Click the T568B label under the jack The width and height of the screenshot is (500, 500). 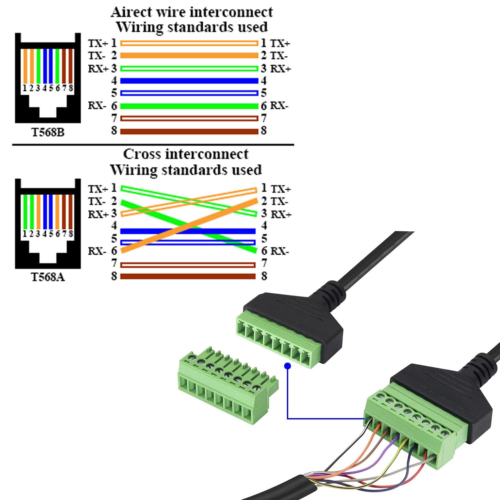point(48,132)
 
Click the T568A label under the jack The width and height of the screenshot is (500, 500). point(48,277)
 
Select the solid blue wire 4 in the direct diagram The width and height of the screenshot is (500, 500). point(189,81)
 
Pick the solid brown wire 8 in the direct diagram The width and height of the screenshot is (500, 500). point(189,131)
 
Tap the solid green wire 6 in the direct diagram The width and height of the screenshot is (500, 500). point(189,106)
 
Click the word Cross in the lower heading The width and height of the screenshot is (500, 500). point(141,154)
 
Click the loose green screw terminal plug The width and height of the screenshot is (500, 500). point(227,387)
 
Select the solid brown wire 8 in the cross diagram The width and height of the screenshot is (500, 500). point(188,276)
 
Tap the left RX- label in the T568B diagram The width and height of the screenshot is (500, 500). point(97,106)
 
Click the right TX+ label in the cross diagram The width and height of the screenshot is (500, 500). point(281,189)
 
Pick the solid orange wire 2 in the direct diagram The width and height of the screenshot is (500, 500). point(189,55)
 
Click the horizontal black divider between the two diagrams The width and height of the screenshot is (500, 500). point(153,145)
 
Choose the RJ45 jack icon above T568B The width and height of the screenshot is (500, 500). point(48,78)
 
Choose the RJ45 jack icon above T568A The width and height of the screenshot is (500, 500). point(48,224)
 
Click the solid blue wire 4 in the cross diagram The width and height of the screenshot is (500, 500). point(150,231)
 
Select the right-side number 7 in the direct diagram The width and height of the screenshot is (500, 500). point(264,118)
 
